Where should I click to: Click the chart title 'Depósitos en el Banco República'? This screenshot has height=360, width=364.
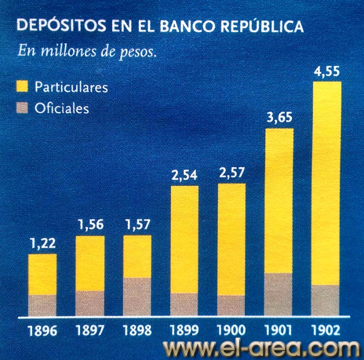point(161,27)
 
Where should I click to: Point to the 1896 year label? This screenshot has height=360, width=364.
point(42,331)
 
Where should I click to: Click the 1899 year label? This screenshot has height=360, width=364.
point(184,331)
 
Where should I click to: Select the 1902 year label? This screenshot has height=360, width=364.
point(327,331)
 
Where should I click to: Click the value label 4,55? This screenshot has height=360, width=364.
point(326,73)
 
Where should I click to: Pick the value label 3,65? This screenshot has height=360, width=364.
point(279,119)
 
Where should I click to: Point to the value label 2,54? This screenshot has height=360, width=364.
point(184,177)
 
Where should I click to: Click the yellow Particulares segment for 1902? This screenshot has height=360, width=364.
point(326,182)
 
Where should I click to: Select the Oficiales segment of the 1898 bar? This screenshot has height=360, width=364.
point(137,297)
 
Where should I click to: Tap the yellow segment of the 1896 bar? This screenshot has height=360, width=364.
point(42,274)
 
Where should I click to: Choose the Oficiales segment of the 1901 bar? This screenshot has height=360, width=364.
point(279,294)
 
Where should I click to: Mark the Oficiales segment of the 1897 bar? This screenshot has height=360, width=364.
point(90,303)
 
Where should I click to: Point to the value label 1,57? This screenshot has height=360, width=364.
point(137,225)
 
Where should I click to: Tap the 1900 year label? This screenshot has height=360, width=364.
point(231,331)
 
